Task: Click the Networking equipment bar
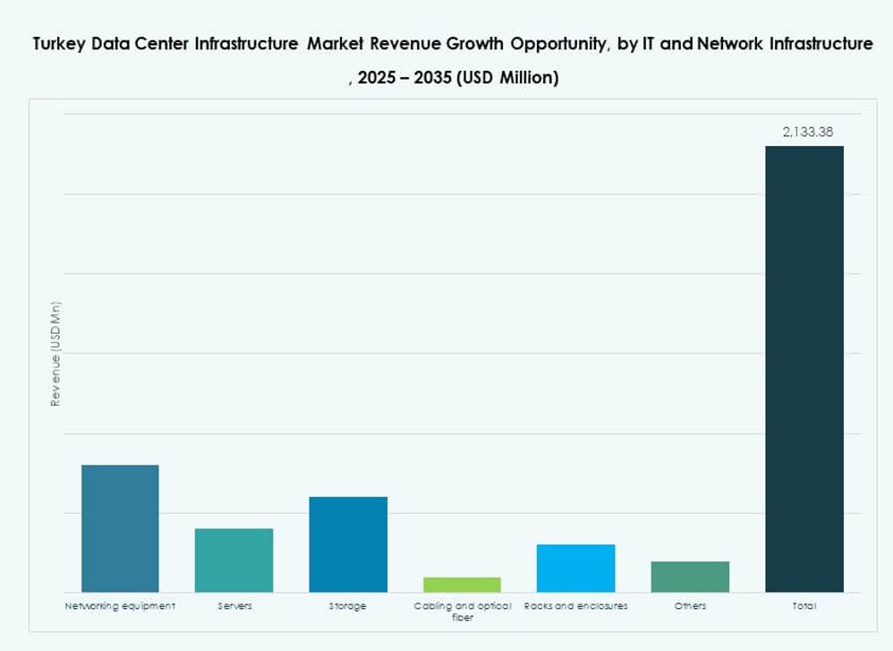120,528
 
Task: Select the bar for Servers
234,560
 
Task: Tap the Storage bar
348,544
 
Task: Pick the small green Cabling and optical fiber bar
462,585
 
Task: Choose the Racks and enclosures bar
575,568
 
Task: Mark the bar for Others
690,577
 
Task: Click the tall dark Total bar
804,369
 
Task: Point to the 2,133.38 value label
807,132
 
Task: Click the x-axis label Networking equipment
120,606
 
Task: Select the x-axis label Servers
234,606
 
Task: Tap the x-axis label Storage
347,606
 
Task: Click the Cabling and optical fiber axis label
463,612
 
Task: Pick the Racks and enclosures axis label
575,606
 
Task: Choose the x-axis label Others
690,606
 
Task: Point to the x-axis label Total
804,606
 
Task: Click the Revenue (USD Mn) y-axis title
55,355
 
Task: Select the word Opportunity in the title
548,44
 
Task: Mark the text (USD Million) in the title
507,78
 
